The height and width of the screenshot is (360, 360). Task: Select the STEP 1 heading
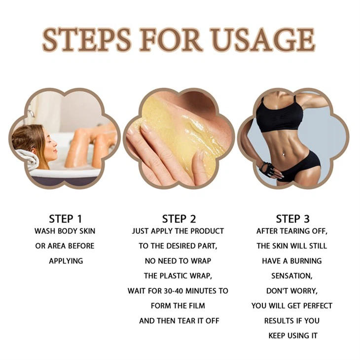pos(65,218)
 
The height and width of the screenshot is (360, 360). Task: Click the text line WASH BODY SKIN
pos(65,231)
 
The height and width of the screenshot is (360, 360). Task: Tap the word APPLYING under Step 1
pos(65,261)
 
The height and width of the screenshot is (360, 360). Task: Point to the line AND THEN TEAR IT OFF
pos(179,321)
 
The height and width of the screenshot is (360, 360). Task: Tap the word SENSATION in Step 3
pos(291,276)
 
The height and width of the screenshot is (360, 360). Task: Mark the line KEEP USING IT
pos(293,335)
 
